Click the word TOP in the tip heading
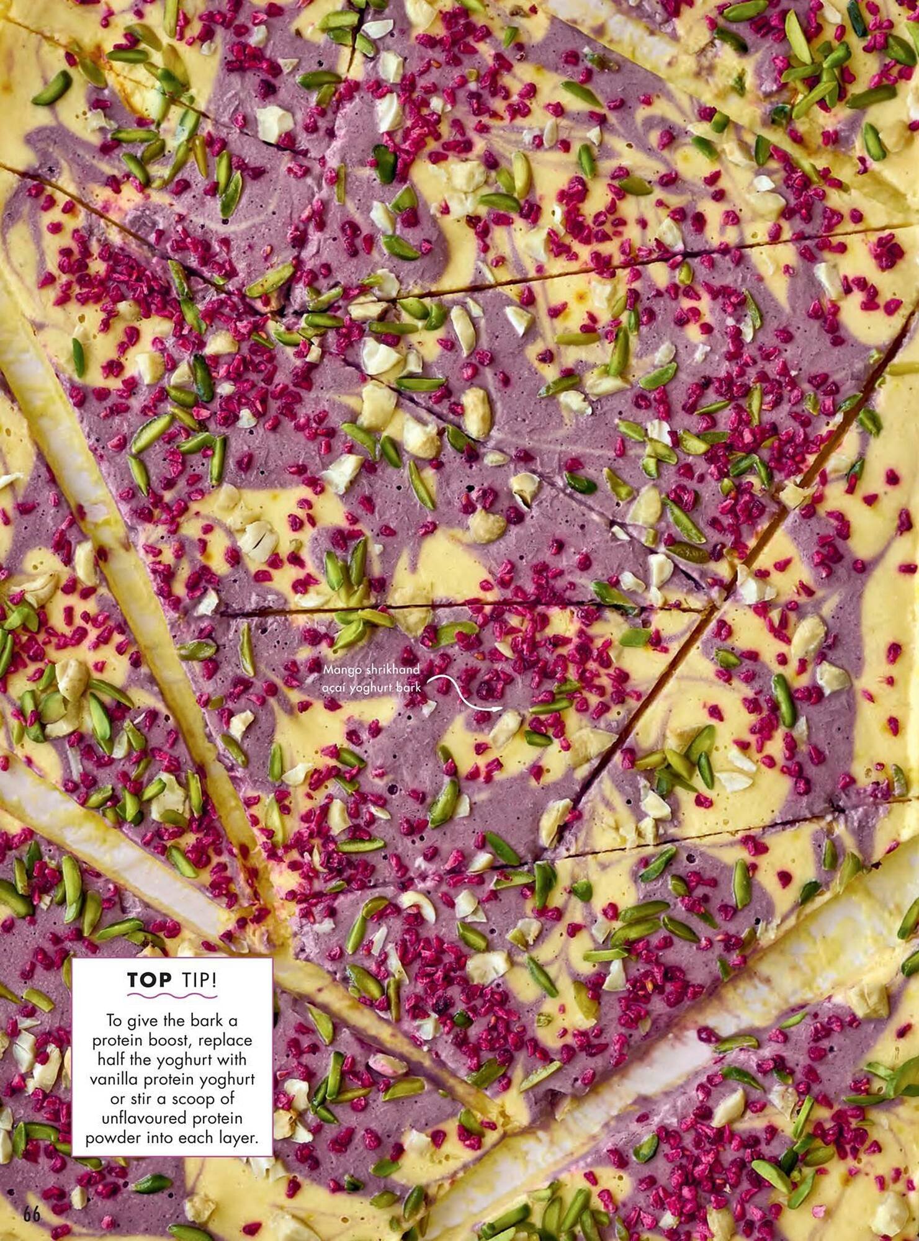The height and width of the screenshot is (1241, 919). [150, 980]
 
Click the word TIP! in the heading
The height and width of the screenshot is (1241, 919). [199, 980]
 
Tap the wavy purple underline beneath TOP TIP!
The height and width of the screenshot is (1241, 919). [172, 997]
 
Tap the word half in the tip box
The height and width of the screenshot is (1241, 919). [109, 1060]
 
